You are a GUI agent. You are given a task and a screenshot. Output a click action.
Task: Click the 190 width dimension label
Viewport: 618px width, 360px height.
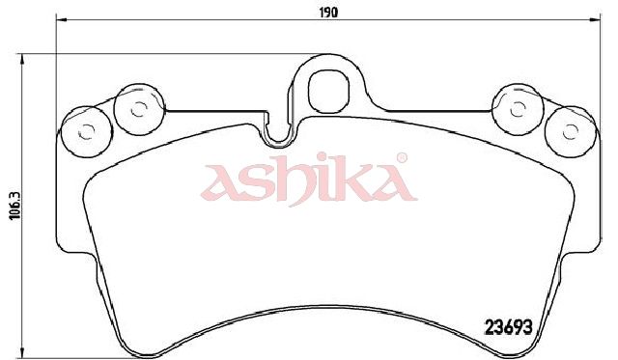click(x=328, y=13)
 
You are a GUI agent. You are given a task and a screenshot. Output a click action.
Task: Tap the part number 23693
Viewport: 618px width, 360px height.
click(x=509, y=327)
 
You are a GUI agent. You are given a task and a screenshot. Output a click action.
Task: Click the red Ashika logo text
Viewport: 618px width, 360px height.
click(x=309, y=180)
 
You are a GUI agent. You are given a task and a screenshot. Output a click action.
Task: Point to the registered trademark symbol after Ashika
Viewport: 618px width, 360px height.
click(x=402, y=158)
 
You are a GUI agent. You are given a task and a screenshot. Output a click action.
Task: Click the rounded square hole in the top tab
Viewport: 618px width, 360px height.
click(x=328, y=92)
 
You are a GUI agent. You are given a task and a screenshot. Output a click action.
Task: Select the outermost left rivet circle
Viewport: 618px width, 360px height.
click(x=87, y=131)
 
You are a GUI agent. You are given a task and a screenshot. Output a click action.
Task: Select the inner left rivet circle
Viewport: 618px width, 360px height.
click(x=138, y=109)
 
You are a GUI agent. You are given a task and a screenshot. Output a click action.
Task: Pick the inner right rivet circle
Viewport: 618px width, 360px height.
click(x=518, y=110)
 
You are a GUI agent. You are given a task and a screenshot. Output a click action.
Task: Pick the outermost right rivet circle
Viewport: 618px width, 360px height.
click(x=570, y=132)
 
